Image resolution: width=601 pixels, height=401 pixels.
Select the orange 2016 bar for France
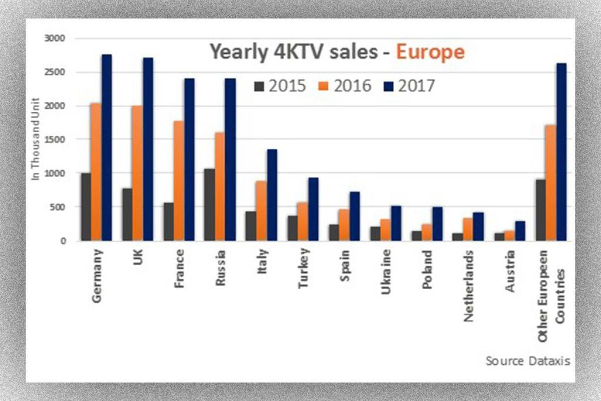[x=179, y=180]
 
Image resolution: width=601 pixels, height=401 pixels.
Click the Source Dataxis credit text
[x=527, y=361]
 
